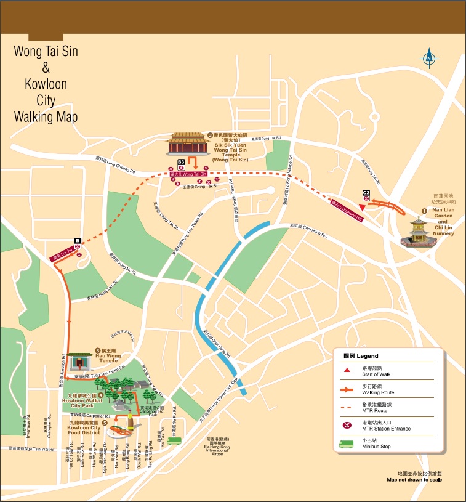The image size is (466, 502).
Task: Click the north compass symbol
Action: pyautogui.click(x=429, y=59)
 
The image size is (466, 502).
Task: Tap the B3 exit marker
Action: pyautogui.click(x=181, y=162)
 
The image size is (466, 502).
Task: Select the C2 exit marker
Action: pyautogui.click(x=366, y=193)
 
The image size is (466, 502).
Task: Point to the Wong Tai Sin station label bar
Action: pyautogui.click(x=188, y=174)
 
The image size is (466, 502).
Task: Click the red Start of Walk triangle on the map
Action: pyautogui.click(x=368, y=207)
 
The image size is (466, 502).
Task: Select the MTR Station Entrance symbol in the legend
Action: pyautogui.click(x=347, y=425)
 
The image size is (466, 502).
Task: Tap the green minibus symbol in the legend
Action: pyautogui.click(x=347, y=442)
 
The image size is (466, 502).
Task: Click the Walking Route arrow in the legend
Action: pyautogui.click(x=347, y=389)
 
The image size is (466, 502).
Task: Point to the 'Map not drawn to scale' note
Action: pyautogui.click(x=414, y=479)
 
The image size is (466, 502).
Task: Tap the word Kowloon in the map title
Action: pyautogui.click(x=46, y=83)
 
